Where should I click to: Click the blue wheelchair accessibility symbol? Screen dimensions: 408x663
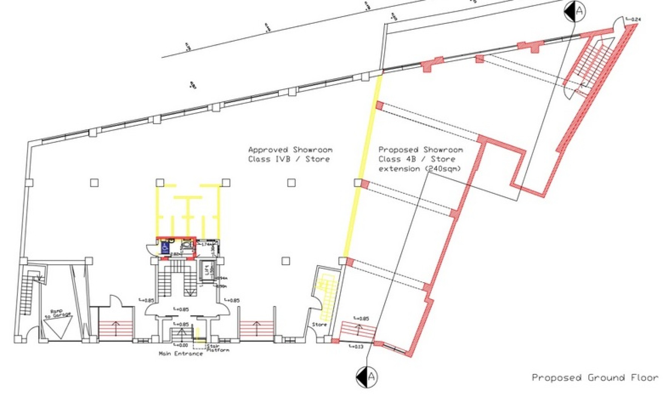[x=165, y=247]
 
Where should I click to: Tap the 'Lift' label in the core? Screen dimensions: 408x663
[x=207, y=270]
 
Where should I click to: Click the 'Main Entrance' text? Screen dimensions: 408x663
[x=181, y=354]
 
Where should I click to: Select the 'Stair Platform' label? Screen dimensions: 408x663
[x=218, y=348]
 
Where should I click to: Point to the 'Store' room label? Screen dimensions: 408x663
[x=319, y=324]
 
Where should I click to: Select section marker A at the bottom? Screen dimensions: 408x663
[x=366, y=377]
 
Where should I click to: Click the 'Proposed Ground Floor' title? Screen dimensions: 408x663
[x=595, y=378]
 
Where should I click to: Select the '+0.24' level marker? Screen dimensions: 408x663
[x=634, y=19]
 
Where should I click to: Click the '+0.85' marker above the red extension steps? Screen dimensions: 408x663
[x=362, y=318]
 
